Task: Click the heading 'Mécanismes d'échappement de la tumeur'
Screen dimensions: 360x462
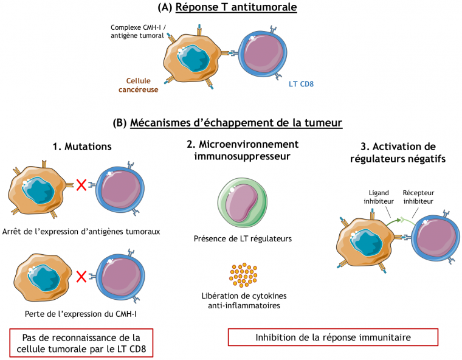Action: pyautogui.click(x=236, y=123)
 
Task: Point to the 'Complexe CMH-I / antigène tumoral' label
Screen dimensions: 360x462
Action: pyautogui.click(x=137, y=32)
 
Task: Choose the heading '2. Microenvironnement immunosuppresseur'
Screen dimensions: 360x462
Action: pyautogui.click(x=242, y=150)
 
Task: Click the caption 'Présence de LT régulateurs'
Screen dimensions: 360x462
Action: pyautogui.click(x=243, y=238)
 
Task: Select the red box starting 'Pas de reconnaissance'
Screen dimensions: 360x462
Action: pyautogui.click(x=81, y=343)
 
